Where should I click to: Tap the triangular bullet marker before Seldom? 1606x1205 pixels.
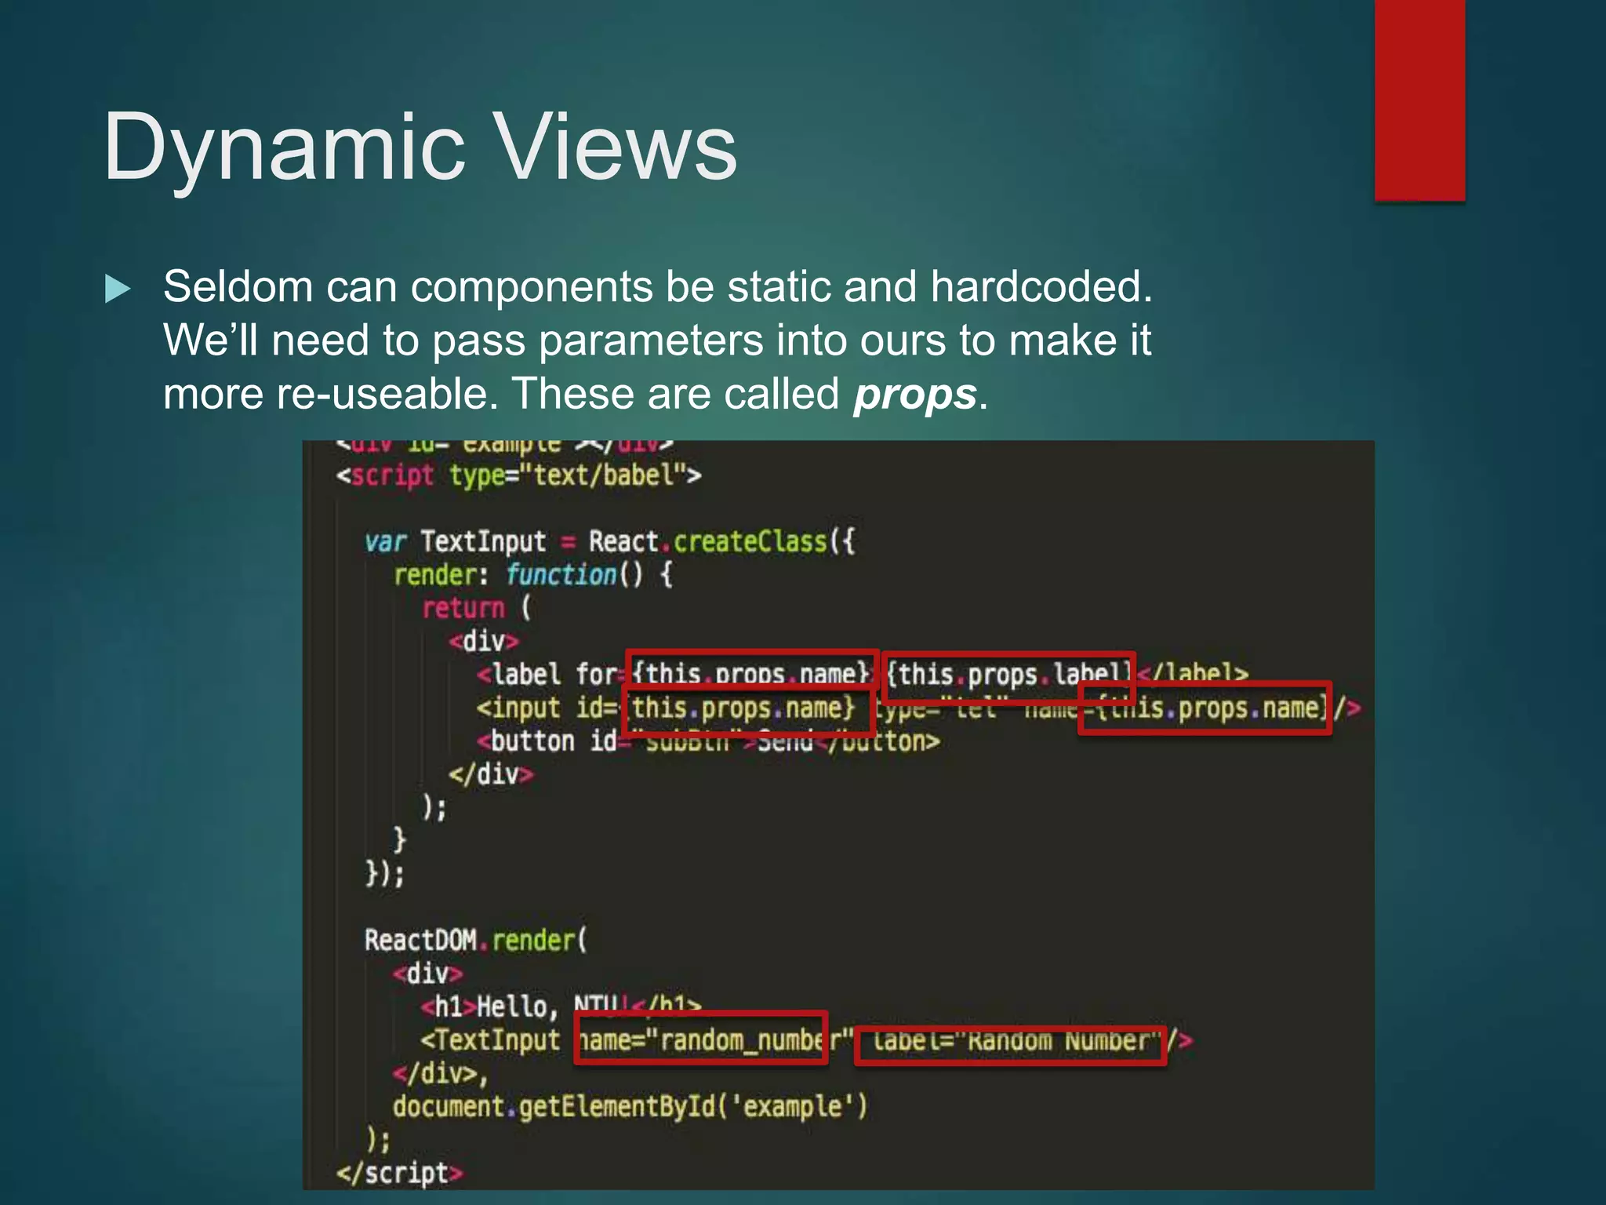(x=118, y=289)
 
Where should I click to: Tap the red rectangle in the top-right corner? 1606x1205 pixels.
(x=1419, y=100)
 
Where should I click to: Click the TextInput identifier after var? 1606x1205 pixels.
(x=483, y=541)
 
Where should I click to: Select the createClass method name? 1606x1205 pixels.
(x=750, y=541)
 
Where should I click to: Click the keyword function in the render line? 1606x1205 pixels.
(x=561, y=575)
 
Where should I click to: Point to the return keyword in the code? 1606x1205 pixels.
(x=463, y=608)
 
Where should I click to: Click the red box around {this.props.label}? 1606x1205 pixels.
(x=1008, y=676)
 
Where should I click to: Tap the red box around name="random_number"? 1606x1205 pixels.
(x=700, y=1038)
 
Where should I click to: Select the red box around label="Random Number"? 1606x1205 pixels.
(x=1010, y=1045)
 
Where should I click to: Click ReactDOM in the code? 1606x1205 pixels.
(x=420, y=940)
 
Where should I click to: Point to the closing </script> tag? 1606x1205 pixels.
(x=400, y=1173)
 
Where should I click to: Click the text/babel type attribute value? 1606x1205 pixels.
(x=604, y=475)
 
